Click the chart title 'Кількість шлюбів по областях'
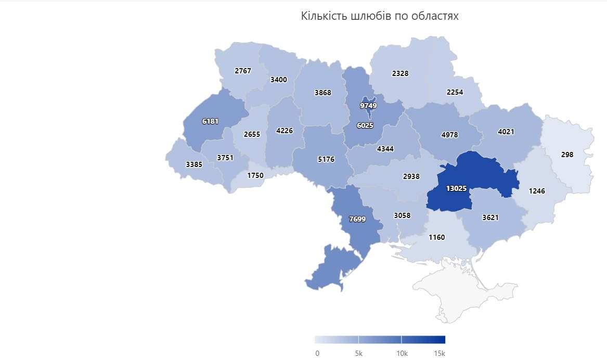[x=380, y=16]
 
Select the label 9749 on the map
[x=368, y=106]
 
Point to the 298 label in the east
[x=567, y=155]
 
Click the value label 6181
[x=210, y=121]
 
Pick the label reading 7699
[x=357, y=219]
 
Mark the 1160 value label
[x=436, y=237]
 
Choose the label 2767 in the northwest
[x=243, y=71]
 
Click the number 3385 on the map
[x=195, y=165]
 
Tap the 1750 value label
[x=255, y=175]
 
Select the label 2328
[x=400, y=73]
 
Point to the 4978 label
[x=449, y=135]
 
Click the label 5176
[x=326, y=159]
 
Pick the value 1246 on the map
[x=537, y=191]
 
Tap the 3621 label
[x=490, y=217]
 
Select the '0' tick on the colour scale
[x=317, y=353]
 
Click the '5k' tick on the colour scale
[x=358, y=353]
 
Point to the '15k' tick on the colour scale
[x=440, y=353]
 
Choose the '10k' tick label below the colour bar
[x=402, y=353]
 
